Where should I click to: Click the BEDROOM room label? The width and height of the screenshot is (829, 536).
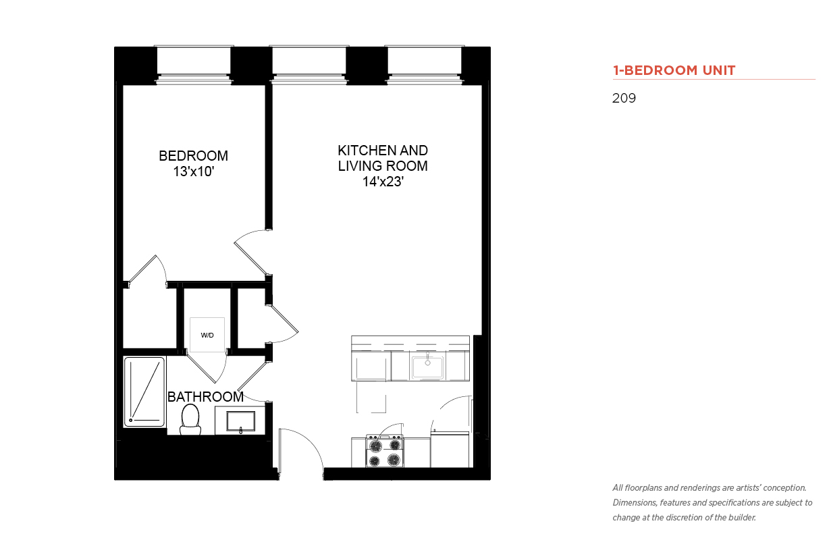(x=193, y=156)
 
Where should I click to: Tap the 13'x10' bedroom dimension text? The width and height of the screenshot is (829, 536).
(x=194, y=171)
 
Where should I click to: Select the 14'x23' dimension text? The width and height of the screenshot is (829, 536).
(x=383, y=182)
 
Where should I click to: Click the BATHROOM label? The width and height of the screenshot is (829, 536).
(x=205, y=397)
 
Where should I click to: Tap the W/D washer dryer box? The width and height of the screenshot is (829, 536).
(x=207, y=335)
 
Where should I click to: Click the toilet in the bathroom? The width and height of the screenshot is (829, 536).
(x=190, y=420)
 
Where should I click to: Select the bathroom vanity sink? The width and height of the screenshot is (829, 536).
(x=240, y=421)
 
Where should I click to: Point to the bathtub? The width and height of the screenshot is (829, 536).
(x=144, y=392)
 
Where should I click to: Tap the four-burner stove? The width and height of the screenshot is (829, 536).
(x=385, y=451)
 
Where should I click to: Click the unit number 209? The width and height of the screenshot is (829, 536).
(x=624, y=98)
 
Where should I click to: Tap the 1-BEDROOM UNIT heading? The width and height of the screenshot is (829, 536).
(x=674, y=70)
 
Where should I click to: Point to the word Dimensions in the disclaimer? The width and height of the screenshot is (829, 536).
(x=635, y=503)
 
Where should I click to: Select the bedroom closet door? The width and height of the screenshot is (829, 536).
(x=147, y=270)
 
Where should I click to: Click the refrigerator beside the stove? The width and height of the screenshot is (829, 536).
(x=450, y=450)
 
